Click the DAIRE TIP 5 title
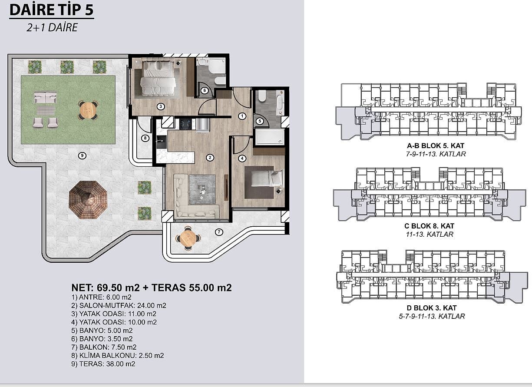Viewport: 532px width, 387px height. coord(52,10)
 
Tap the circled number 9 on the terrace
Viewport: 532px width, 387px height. coord(82,155)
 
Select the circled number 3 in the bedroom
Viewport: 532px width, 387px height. coord(161,106)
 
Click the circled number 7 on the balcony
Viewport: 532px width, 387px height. coord(219,232)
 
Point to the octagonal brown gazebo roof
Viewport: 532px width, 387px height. coord(88,200)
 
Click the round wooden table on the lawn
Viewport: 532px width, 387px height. coord(88,110)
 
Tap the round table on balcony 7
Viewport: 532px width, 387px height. coord(188,238)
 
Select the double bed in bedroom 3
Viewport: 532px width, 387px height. coord(158,78)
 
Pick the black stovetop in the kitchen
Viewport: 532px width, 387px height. coord(185,124)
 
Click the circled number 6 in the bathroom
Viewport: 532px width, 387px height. coord(205,90)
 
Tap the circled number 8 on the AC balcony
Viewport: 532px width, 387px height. coord(145,138)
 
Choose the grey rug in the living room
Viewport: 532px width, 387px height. coord(202,189)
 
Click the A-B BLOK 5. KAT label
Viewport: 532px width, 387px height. coord(436,146)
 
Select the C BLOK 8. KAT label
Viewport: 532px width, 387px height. coord(430,226)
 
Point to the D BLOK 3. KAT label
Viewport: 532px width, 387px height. coord(432,308)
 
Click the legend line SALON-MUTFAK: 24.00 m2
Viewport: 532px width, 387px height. coord(119,305)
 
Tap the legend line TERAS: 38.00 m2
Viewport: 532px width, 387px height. coord(103,364)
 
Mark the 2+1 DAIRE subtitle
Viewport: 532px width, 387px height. coord(52,27)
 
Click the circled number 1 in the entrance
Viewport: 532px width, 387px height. coord(242,116)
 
